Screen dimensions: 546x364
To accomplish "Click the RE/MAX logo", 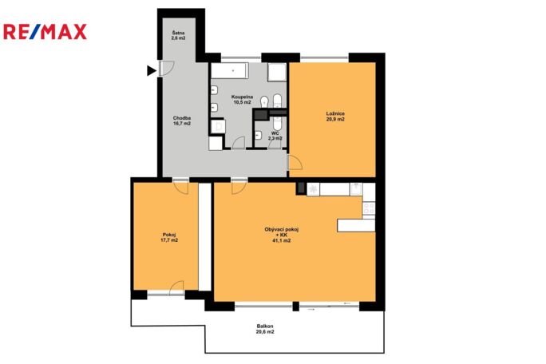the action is [45, 32].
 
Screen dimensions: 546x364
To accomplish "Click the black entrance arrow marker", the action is [152, 71].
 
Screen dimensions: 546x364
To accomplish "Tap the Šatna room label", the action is [178, 36].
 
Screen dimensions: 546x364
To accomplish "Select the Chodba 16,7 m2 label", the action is [182, 121].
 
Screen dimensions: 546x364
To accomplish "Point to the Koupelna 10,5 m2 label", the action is [242, 99].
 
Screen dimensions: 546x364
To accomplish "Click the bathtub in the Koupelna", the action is [229, 71].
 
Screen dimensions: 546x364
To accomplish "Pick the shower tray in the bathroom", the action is [277, 72].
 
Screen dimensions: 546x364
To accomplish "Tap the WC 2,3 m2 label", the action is [275, 136].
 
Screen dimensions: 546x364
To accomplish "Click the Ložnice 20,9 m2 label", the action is [335, 117].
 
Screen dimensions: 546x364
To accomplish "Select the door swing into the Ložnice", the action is [295, 163].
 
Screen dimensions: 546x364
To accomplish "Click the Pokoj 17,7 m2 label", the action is [169, 237].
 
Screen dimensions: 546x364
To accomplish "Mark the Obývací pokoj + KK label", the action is [282, 235].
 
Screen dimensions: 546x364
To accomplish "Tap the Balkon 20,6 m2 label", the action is [265, 329].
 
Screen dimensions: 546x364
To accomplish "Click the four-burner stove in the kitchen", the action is [369, 208].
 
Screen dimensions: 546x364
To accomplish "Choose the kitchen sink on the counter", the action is [355, 189].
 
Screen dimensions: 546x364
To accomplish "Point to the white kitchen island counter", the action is [356, 225].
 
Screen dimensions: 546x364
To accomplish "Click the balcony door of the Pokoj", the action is [176, 288].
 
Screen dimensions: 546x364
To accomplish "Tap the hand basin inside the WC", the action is [258, 135].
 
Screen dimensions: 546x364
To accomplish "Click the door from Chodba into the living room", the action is [239, 186].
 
